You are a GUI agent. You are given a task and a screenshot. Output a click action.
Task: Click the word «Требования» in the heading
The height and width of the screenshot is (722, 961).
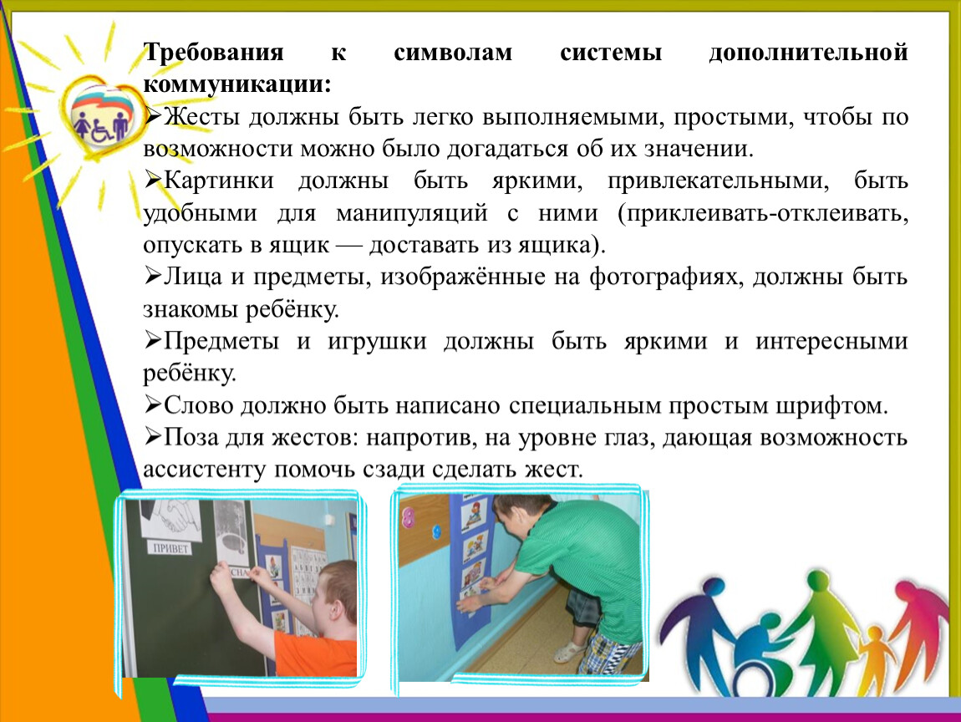(x=213, y=53)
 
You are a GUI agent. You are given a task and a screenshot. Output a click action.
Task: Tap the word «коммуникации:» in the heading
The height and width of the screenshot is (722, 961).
(x=237, y=84)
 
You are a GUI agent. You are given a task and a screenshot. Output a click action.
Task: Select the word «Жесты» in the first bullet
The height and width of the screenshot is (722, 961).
(x=201, y=116)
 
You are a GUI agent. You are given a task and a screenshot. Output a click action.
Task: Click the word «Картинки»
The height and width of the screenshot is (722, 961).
(x=219, y=180)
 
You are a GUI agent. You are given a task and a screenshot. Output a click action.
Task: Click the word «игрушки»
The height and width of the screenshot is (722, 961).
(x=377, y=342)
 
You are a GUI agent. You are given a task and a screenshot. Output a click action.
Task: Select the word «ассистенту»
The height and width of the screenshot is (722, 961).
(x=206, y=470)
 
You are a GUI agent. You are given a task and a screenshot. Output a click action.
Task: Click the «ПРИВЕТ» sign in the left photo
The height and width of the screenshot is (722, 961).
(x=170, y=547)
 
